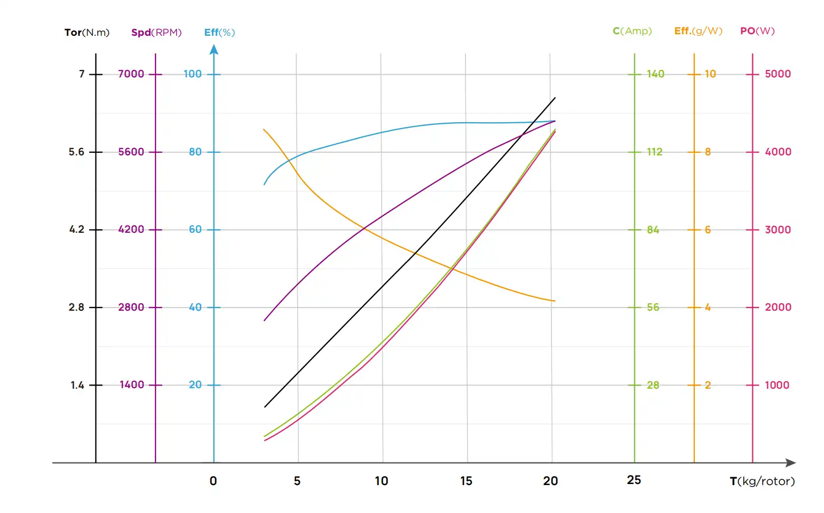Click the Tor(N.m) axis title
point(87,33)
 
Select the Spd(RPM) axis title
point(156,33)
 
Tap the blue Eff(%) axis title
point(219,33)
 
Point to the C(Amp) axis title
point(632,31)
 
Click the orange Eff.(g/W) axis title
point(698,31)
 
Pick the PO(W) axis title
point(757,31)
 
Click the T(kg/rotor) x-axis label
point(762,481)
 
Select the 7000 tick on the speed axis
point(131,74)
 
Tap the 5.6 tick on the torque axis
point(76,152)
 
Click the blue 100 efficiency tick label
point(192,74)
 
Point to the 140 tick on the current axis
point(655,74)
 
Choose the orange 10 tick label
point(710,74)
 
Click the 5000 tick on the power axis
point(778,74)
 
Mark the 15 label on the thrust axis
point(466,481)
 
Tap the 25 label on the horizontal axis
point(634,480)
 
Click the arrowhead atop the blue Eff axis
point(214,50)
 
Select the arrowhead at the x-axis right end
point(790,463)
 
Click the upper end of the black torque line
point(555,98)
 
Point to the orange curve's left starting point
point(264,130)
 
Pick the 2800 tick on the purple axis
point(131,308)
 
